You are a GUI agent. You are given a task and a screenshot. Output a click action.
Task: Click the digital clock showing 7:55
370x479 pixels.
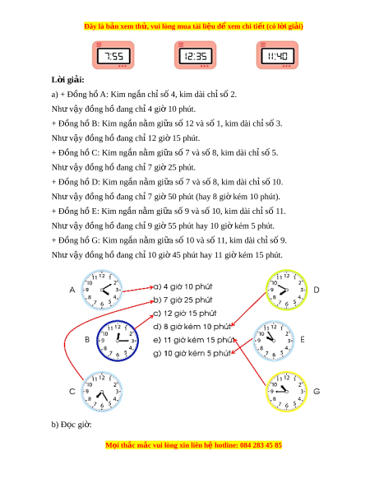(113, 55)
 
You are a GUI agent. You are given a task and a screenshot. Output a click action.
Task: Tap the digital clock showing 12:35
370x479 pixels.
(196, 55)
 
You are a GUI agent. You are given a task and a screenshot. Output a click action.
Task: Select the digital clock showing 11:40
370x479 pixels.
(277, 55)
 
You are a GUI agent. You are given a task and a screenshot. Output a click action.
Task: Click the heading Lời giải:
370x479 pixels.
(67, 80)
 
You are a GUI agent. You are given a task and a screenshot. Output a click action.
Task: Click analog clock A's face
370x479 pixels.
(102, 290)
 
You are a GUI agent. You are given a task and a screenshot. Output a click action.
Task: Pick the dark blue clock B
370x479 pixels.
(118, 341)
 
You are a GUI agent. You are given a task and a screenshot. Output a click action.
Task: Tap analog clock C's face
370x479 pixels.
(102, 392)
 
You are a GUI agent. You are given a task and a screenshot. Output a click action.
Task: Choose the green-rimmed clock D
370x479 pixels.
(286, 290)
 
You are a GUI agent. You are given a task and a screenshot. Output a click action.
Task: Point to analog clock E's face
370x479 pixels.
(274, 341)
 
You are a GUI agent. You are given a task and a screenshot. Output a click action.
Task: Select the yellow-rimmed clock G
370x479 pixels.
(286, 392)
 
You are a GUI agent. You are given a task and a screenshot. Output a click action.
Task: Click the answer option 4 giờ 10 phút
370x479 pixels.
(183, 287)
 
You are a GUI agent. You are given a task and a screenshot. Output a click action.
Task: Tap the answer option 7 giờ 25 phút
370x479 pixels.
(183, 300)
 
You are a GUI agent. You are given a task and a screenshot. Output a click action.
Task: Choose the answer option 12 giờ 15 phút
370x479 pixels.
(185, 314)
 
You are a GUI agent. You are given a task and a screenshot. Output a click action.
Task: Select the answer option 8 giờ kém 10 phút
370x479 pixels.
(192, 327)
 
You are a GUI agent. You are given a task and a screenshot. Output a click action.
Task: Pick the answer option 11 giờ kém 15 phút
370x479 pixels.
(193, 340)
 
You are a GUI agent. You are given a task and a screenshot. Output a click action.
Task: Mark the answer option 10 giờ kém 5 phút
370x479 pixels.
(192, 353)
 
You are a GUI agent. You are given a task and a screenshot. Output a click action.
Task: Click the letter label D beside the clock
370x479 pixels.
(317, 290)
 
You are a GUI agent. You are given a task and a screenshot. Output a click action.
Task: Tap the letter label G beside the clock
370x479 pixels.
(317, 391)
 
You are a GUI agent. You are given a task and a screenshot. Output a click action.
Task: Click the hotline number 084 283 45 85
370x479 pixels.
(261, 445)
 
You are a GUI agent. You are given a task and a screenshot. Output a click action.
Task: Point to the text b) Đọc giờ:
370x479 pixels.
(72, 425)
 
